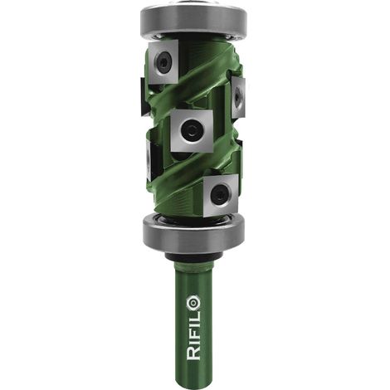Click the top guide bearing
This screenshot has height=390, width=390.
pyautogui.click(x=193, y=20)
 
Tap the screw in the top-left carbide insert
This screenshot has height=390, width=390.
pyautogui.click(x=163, y=61)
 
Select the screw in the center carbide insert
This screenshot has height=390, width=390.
pyautogui.click(x=190, y=130)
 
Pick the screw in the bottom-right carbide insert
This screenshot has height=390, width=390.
pyautogui.click(x=221, y=194)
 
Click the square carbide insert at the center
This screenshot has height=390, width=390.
pyautogui.click(x=192, y=130)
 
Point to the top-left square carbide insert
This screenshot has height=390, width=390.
pyautogui.click(x=163, y=61)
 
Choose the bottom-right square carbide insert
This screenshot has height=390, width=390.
pyautogui.click(x=221, y=195)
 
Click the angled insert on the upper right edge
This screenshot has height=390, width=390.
pyautogui.click(x=237, y=97)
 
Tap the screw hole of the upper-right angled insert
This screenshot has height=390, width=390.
pyautogui.click(x=237, y=97)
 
